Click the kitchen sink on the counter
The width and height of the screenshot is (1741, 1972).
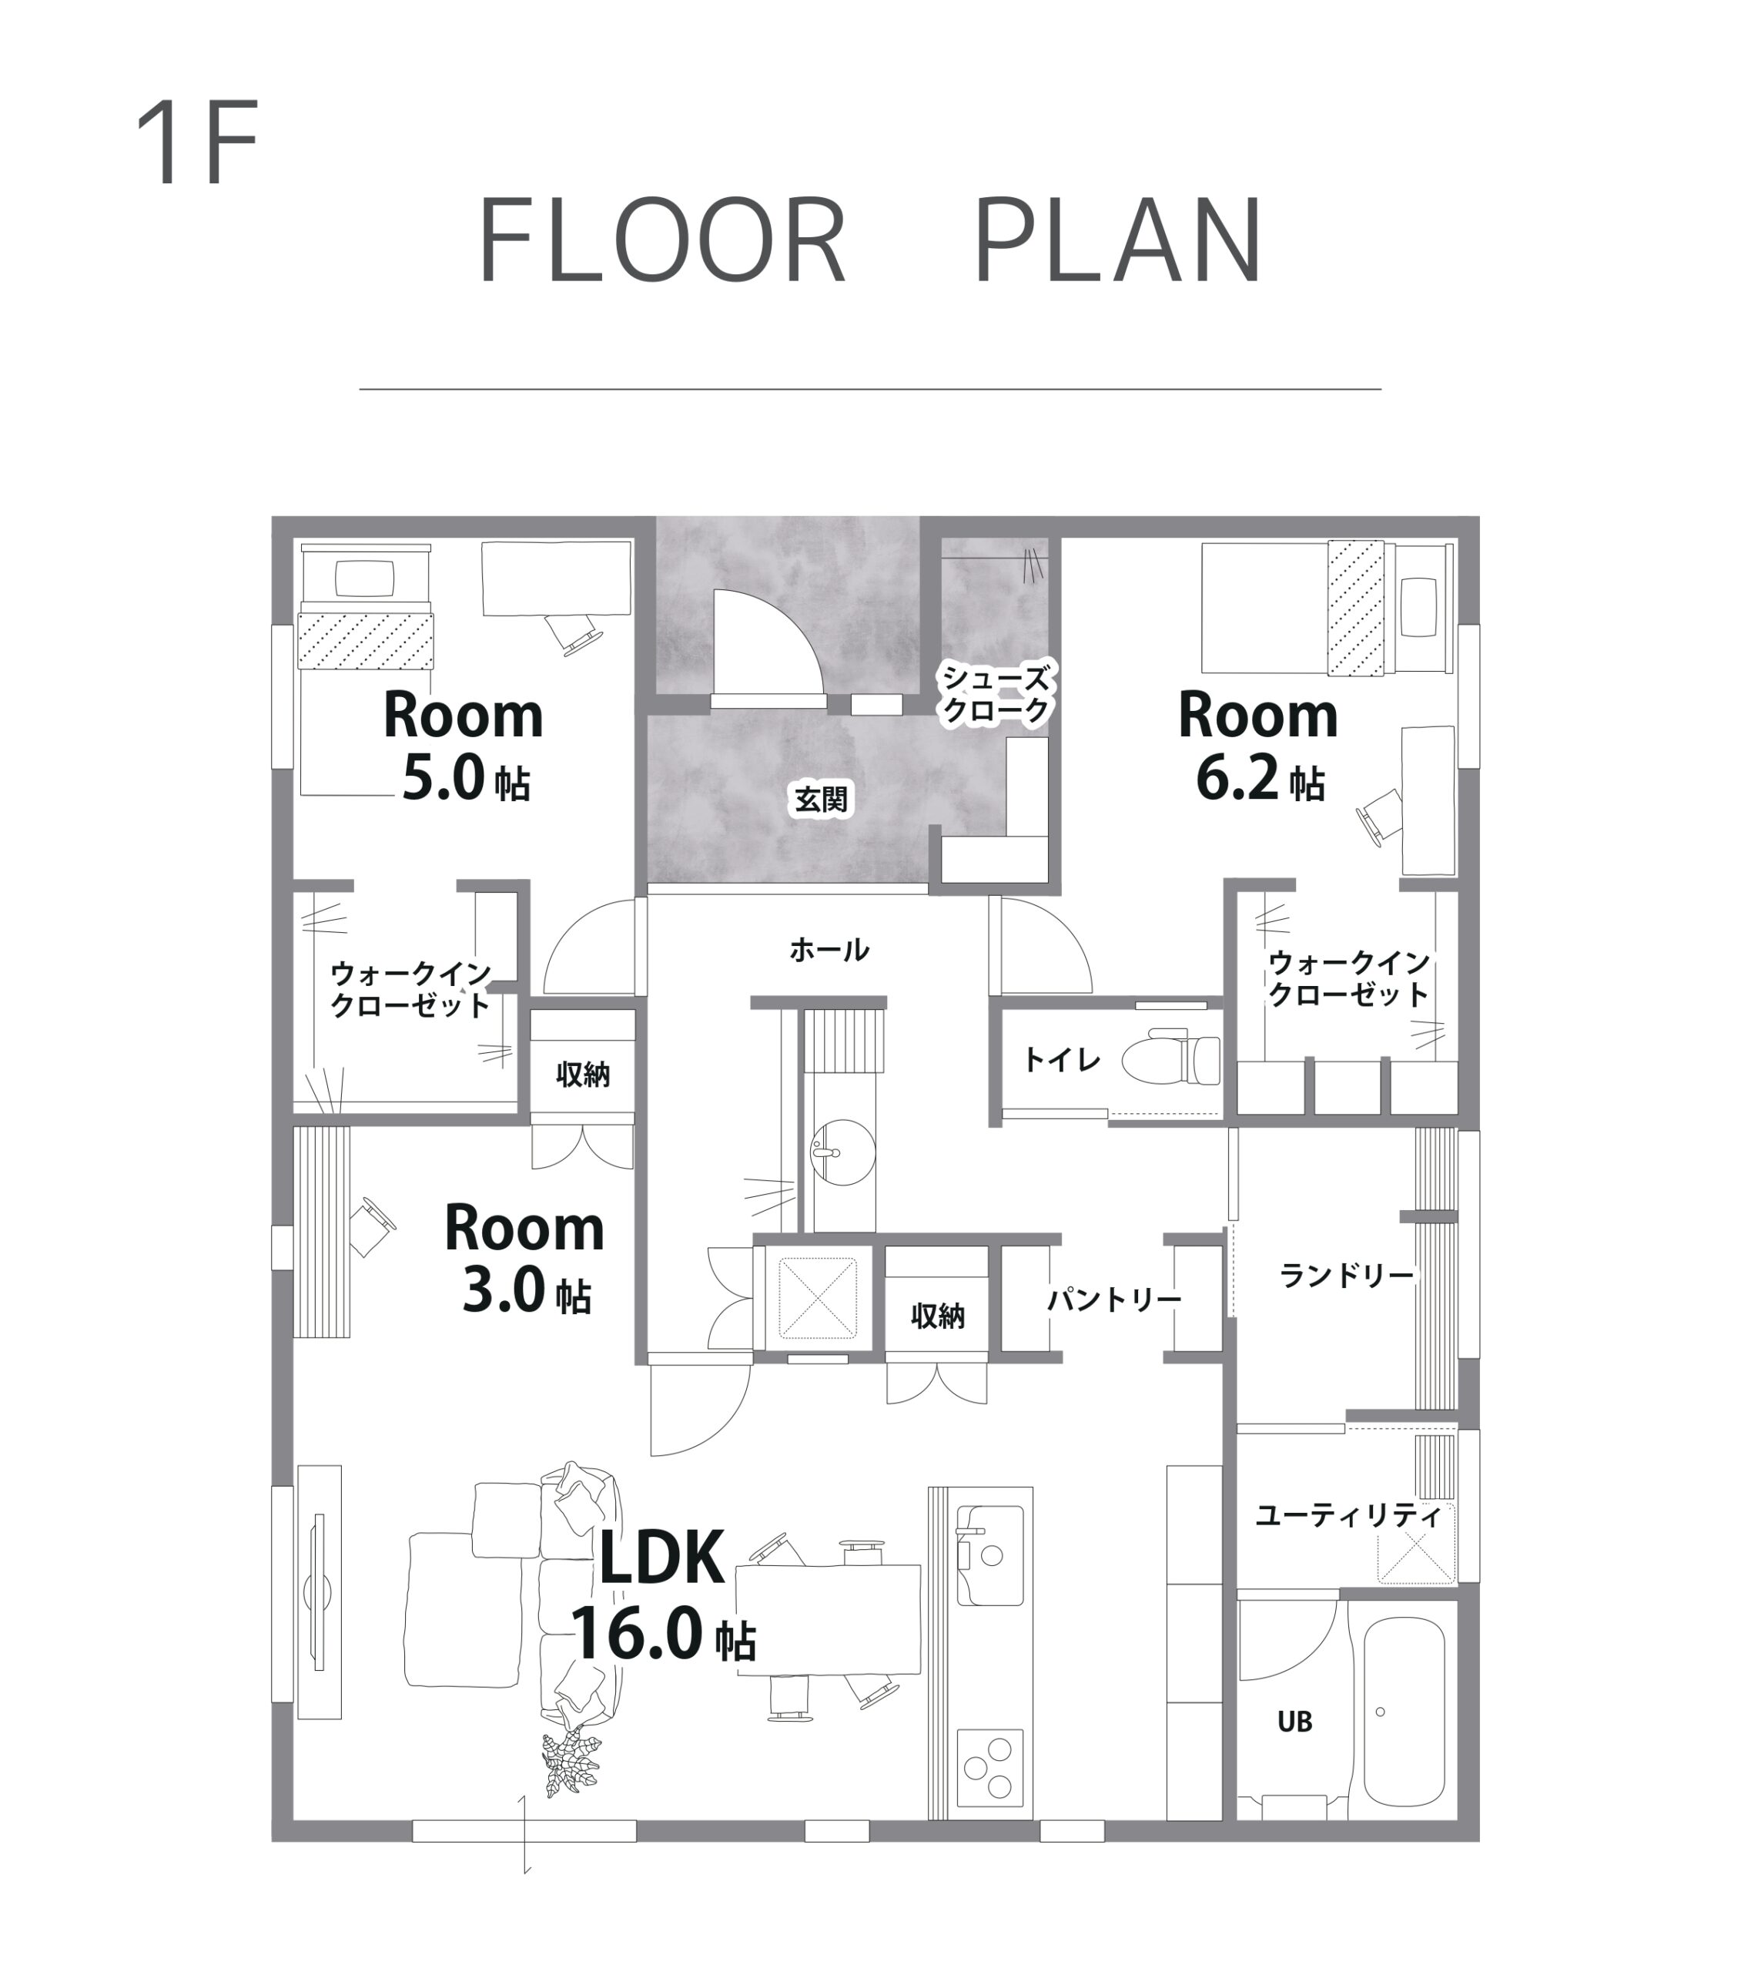[x=989, y=1555]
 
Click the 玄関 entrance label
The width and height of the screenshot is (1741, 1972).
[x=821, y=799]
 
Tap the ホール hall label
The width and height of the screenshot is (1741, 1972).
[x=829, y=951]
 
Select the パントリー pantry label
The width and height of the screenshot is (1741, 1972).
[x=1114, y=1300]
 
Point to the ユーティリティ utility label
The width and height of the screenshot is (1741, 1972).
[x=1348, y=1516]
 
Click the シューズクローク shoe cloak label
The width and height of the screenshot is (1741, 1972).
[x=996, y=695]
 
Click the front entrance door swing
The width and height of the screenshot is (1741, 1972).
[x=768, y=642]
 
